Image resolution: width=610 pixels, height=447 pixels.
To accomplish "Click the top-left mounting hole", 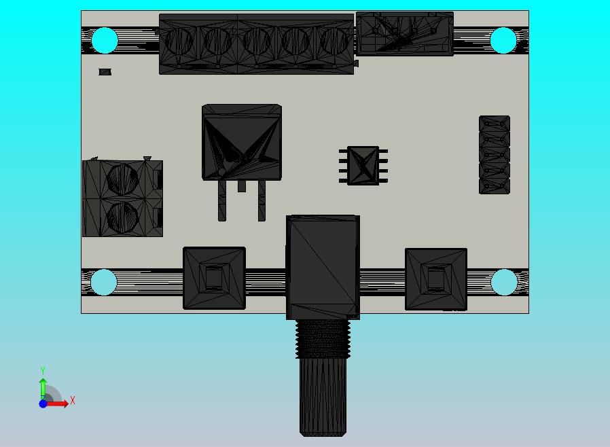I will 105,41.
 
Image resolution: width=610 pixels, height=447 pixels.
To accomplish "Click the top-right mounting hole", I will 503,41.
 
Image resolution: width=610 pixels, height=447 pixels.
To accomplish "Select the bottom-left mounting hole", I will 104,282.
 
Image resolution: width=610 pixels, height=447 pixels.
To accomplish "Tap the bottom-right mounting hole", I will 504,282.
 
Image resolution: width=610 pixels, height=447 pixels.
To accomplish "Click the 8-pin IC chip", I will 363,165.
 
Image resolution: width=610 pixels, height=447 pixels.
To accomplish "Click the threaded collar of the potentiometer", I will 323,338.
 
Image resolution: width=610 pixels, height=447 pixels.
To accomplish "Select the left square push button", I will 214,278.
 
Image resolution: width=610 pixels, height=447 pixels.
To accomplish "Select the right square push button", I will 435,279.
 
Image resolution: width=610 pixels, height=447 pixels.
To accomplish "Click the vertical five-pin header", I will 495,155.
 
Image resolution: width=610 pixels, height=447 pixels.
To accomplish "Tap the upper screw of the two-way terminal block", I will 123,179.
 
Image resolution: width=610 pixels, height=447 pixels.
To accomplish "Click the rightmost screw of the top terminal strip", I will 334,41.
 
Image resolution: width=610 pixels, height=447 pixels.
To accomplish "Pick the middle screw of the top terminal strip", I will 257,41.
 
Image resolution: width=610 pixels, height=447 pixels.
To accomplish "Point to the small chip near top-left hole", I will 105,72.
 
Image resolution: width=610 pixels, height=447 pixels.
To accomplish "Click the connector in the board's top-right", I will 405,33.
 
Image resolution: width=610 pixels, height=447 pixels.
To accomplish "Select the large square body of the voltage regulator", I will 241,142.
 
